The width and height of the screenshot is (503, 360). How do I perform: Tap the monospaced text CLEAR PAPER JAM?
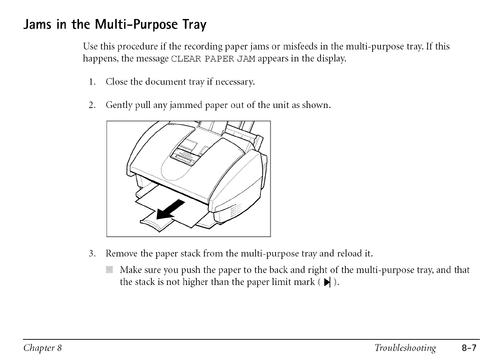[x=213, y=59]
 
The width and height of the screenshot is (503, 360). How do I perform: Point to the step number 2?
[x=91, y=105]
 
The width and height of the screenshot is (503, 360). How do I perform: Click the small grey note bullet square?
[x=110, y=270]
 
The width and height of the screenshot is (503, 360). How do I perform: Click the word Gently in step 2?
[x=118, y=106]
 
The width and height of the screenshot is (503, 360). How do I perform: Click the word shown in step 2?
[x=316, y=105]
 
